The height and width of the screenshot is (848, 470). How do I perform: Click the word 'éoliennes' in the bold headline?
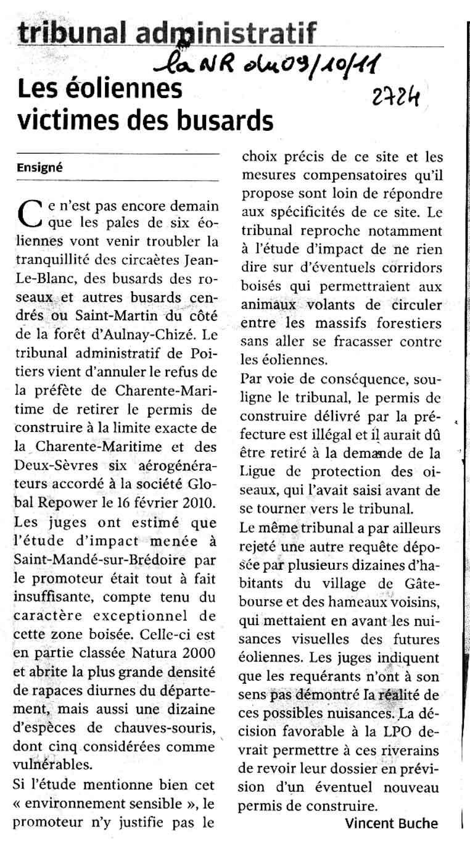click(124, 89)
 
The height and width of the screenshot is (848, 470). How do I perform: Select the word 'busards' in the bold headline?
click(228, 119)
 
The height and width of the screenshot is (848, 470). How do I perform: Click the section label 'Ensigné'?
click(40, 167)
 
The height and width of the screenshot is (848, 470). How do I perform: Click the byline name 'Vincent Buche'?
click(391, 823)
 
